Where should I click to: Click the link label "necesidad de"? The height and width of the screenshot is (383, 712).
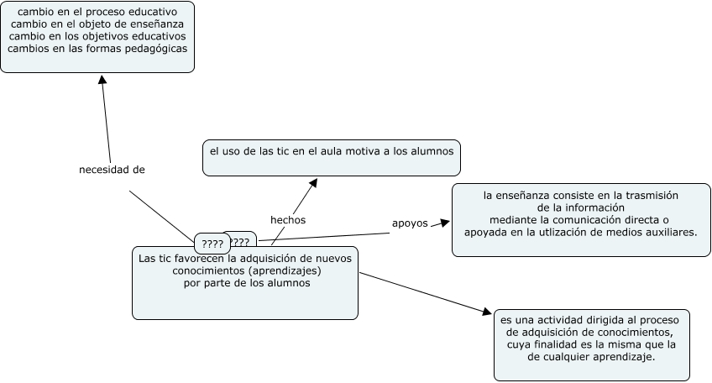click(112, 170)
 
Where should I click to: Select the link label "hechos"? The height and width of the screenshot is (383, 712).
click(287, 220)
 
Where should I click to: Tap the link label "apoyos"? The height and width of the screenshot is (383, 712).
click(410, 223)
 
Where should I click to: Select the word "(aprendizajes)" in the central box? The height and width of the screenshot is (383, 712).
click(283, 270)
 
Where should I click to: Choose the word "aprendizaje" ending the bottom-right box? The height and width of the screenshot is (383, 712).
click(622, 357)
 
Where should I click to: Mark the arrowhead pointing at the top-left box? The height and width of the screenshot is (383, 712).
click(102, 79)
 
